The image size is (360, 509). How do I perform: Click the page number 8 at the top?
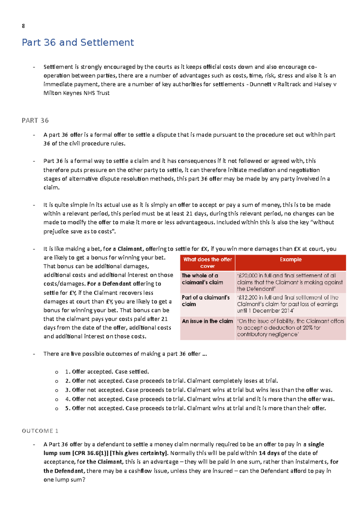click(23, 26)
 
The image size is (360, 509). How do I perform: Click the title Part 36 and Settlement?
click(78, 43)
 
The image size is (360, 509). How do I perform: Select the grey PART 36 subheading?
click(35, 121)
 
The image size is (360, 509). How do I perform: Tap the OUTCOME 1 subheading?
click(40, 431)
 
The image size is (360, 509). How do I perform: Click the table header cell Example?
click(290, 260)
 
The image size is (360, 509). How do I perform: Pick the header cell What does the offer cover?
click(208, 263)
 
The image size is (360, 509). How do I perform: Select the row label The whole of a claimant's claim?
click(202, 279)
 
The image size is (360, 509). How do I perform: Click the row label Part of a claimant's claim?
click(205, 301)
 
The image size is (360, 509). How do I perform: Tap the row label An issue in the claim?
click(207, 321)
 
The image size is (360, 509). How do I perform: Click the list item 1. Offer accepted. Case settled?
click(107, 372)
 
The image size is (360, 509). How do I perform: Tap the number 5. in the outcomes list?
click(67, 408)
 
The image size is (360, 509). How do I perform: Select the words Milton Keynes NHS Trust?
click(76, 93)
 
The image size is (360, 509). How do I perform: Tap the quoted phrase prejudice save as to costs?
click(79, 231)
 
